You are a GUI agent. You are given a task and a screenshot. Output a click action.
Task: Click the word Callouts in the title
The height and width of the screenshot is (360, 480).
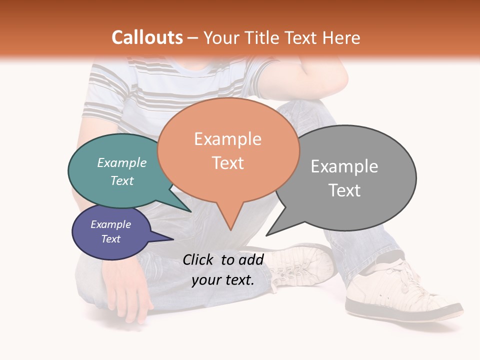coord(147,37)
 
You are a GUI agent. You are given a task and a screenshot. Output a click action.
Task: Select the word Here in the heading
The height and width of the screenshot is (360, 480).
coord(341,37)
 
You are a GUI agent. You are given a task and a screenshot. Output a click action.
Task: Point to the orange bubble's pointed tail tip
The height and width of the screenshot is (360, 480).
coord(230,230)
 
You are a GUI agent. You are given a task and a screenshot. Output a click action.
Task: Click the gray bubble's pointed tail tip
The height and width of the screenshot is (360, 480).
coord(266,235)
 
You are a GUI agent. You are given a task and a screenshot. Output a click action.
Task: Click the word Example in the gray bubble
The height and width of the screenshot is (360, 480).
coord(344,166)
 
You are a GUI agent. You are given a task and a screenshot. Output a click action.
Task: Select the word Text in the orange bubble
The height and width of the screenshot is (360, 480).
coord(228,163)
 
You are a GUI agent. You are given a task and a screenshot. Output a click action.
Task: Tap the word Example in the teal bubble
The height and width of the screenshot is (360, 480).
coord(122,163)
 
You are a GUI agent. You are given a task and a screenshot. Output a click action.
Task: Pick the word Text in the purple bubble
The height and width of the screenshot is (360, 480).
coord(111,239)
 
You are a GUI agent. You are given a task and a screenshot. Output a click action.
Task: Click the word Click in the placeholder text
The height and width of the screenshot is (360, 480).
coord(198,259)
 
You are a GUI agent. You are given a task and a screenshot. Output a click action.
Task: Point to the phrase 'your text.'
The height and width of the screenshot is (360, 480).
coord(223,280)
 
